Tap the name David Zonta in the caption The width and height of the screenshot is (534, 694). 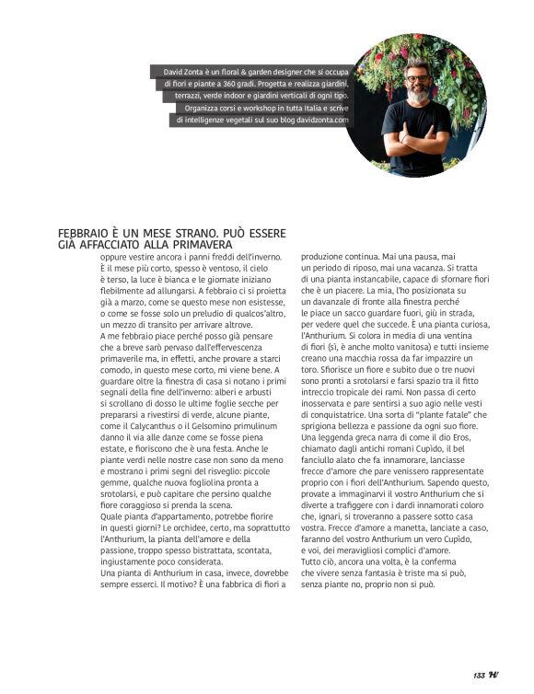pyautogui.click(x=184, y=71)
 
